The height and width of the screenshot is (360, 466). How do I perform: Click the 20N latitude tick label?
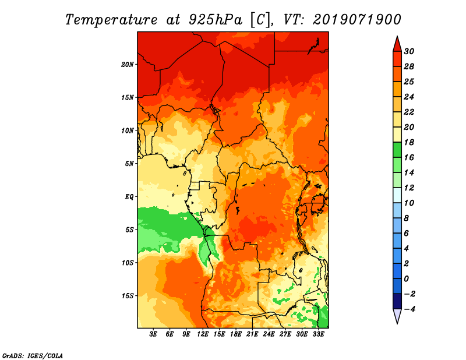[x=128, y=64]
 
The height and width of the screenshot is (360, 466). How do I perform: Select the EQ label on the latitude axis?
[x=129, y=196]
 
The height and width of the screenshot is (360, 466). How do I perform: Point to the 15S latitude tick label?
[x=128, y=295]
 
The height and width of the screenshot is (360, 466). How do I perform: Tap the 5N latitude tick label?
[x=129, y=163]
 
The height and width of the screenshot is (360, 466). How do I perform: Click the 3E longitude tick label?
[x=154, y=335]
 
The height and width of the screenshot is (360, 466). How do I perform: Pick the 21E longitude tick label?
[x=252, y=335]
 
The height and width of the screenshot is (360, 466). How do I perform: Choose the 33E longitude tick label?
[x=318, y=335]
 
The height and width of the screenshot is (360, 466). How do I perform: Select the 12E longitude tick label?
[x=203, y=335]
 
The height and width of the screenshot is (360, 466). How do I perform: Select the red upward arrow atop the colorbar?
[x=397, y=43]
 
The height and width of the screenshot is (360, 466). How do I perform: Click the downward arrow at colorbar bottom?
[x=397, y=316]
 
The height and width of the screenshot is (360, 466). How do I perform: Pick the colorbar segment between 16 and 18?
[x=397, y=150]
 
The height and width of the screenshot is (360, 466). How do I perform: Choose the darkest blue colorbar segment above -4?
[x=397, y=301]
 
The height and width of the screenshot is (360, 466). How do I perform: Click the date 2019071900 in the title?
[x=357, y=19]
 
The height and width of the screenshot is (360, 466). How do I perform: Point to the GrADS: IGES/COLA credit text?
[x=32, y=354]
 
